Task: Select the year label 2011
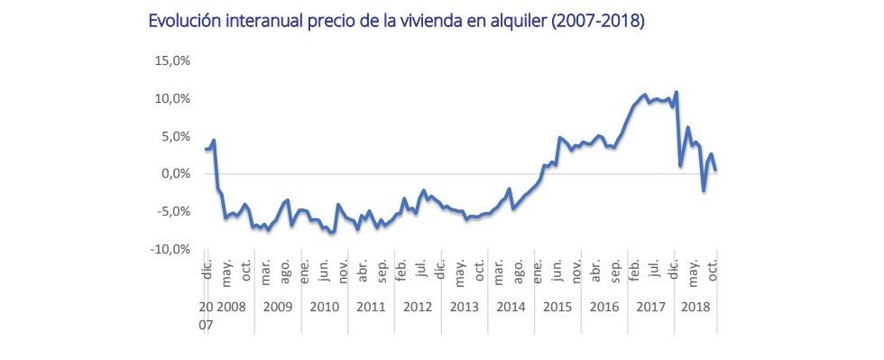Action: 371,307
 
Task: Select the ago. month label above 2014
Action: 519,269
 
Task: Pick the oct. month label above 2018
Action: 712,269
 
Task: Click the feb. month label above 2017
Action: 635,269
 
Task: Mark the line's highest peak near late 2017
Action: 677,92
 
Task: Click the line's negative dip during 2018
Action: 704,190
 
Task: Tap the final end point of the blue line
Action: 715,170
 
